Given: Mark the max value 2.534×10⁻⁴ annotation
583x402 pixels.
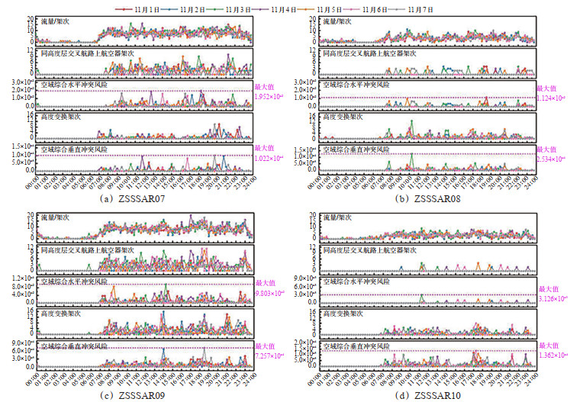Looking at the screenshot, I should (x=551, y=159).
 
